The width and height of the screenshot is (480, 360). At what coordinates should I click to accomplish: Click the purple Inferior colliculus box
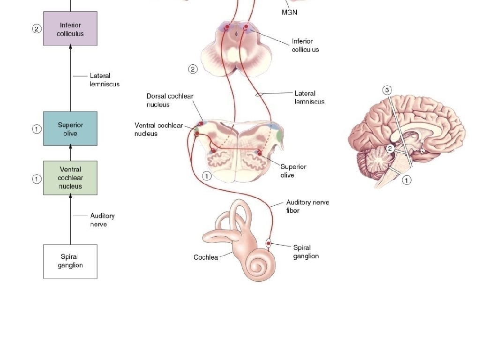[70, 29]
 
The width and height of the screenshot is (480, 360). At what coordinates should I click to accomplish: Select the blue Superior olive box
[70, 128]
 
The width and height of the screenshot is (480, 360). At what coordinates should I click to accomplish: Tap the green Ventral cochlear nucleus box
[70, 178]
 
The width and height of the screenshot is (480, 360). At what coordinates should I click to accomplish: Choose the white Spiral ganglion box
[70, 261]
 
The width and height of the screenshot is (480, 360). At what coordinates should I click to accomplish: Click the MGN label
[289, 13]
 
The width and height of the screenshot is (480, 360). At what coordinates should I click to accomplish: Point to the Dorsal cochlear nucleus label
[170, 100]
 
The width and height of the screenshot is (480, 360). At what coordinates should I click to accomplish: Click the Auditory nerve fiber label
[307, 206]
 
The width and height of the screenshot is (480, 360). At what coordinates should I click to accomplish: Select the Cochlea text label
[206, 257]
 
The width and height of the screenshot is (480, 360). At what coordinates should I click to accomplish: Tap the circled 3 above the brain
[387, 90]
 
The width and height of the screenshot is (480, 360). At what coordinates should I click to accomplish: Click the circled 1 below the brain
[406, 180]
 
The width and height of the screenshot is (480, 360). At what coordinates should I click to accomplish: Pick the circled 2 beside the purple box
[37, 29]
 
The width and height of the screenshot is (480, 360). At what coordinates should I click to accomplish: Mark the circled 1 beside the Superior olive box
[37, 129]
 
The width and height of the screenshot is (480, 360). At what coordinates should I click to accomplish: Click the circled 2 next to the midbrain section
[193, 69]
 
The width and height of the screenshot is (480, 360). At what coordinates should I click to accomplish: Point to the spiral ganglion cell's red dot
[269, 244]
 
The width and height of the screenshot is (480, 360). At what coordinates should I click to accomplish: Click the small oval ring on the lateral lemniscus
[259, 95]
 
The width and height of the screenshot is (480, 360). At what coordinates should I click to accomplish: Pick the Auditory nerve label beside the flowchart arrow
[102, 220]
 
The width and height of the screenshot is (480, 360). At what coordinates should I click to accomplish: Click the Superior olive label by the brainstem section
[293, 171]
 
